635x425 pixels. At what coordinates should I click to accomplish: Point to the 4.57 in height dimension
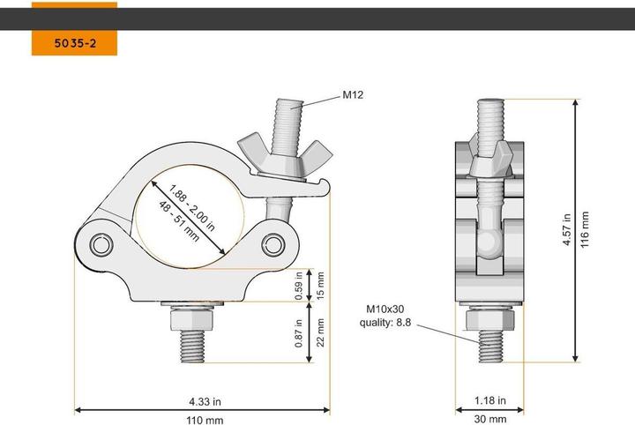[567, 230]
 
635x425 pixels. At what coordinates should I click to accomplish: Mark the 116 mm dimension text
[585, 230]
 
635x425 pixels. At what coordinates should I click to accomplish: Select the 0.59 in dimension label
[300, 285]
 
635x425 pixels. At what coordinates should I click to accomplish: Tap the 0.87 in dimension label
[300, 332]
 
